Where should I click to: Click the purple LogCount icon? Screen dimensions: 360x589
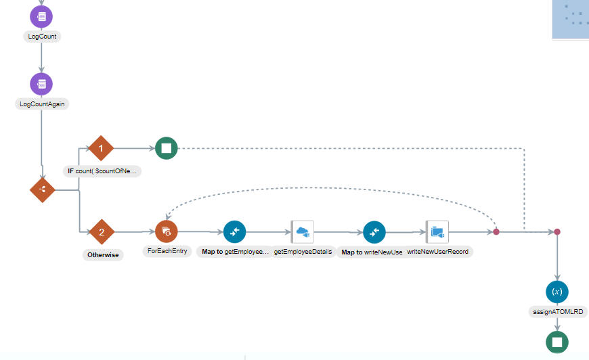click(42, 16)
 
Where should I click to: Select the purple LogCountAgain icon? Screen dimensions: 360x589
click(42, 84)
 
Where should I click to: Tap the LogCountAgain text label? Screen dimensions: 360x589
click(42, 104)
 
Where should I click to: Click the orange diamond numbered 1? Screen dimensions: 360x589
click(102, 148)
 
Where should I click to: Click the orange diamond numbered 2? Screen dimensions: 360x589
click(102, 231)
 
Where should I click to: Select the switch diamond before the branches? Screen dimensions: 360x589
click(42, 190)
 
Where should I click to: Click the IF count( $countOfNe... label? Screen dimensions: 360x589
click(102, 171)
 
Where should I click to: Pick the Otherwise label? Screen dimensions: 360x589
click(102, 255)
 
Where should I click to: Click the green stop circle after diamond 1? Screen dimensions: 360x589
click(166, 148)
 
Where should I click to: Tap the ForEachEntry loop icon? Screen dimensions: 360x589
click(166, 231)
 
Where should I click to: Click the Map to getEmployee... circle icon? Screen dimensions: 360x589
click(234, 231)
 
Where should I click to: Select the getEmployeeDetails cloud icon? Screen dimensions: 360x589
click(303, 231)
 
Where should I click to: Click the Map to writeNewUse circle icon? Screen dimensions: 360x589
click(374, 231)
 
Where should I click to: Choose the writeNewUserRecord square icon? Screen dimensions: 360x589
click(437, 231)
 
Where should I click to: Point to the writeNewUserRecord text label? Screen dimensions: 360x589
click(438, 251)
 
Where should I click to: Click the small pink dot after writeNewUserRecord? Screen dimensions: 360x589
click(496, 231)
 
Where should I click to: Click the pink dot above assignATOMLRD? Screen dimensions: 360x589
click(557, 231)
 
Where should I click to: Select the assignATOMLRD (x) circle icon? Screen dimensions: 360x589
click(557, 292)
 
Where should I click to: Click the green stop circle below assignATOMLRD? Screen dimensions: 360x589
click(557, 342)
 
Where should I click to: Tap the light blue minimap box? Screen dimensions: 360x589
click(570, 19)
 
